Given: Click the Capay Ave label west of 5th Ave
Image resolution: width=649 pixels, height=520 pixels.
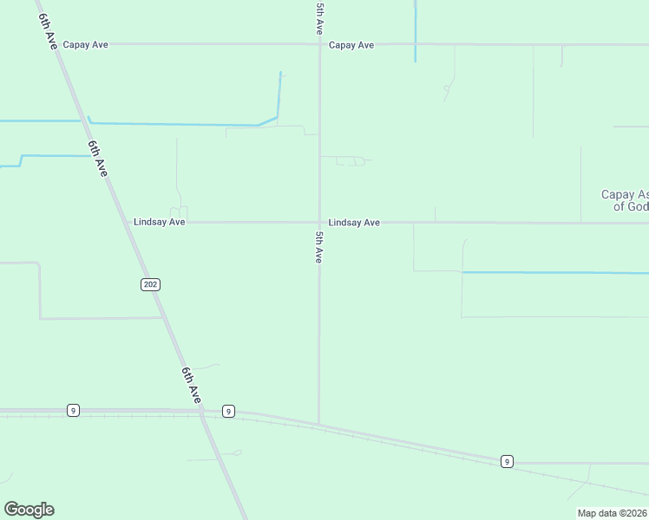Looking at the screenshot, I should click(85, 44).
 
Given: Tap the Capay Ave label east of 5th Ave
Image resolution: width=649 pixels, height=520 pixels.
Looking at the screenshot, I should click(351, 44).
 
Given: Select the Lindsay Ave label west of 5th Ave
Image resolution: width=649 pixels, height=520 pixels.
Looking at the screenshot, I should click(159, 222).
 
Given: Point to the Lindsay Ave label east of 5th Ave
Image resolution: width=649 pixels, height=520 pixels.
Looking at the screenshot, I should click(354, 223).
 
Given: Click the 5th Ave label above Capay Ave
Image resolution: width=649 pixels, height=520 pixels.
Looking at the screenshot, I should click(320, 18).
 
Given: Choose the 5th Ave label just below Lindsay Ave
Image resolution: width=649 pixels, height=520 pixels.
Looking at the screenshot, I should click(319, 247).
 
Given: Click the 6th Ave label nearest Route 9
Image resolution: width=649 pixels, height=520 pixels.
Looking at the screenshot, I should click(192, 385).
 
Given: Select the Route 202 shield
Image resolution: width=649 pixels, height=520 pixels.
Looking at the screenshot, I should click(150, 284).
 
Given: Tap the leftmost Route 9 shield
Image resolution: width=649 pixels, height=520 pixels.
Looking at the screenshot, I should click(73, 410).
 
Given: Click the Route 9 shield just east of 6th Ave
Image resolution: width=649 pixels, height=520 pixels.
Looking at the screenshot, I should click(228, 411).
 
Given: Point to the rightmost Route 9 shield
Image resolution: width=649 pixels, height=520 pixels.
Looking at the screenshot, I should click(506, 462).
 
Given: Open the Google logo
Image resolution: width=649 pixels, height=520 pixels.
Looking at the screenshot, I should click(29, 510).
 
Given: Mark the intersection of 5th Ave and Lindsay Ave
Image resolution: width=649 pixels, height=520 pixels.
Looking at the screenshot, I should click(319, 223).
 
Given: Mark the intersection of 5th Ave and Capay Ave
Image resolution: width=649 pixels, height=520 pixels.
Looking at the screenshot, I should click(319, 44).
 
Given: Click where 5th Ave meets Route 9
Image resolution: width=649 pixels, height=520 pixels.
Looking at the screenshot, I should click(319, 424).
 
